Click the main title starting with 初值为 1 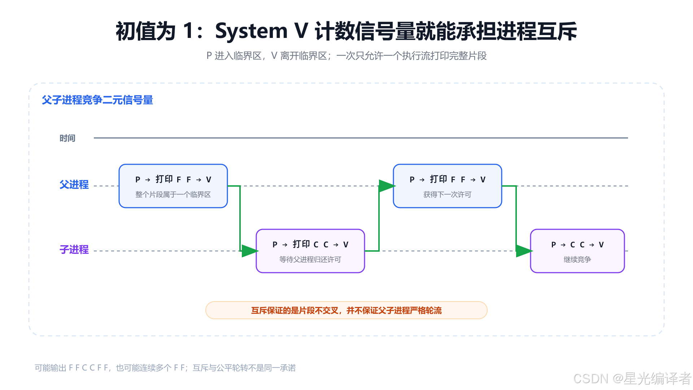point(346,31)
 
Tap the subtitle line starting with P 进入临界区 point(346,56)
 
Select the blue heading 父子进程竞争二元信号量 point(97,100)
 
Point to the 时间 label point(67,138)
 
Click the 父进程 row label point(74,185)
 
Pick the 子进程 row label point(74,250)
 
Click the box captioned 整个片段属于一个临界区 point(173,186)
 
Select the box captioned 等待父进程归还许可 point(310,251)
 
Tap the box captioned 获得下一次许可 point(448,186)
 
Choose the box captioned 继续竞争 point(577,251)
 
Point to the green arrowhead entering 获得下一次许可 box point(387,186)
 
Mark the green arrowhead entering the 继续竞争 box point(524,251)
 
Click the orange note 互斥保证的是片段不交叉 point(346,310)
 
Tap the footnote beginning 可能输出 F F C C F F point(165,368)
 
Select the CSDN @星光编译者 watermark point(632,378)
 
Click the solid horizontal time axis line point(361,138)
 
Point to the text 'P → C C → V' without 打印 point(577,244)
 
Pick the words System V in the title point(262,31)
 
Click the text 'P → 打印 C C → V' point(310,244)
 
